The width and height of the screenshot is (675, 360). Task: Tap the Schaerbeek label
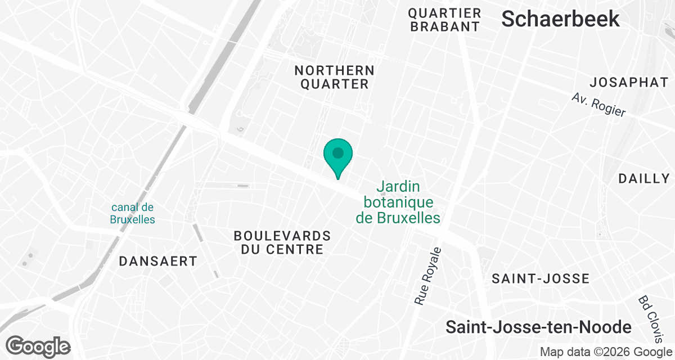point(560,19)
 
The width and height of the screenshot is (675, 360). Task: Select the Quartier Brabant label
point(444,20)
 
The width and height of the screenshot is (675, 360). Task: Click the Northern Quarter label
point(334,77)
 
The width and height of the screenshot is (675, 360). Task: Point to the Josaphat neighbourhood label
point(628,82)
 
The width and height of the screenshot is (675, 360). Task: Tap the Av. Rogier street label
point(598,104)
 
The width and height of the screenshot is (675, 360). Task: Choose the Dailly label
point(643,179)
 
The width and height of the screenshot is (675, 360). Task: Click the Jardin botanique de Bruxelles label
point(398,201)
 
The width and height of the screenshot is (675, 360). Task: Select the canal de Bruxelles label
point(133,213)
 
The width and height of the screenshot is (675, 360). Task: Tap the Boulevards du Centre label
point(282,242)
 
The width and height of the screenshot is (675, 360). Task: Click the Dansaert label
point(158,261)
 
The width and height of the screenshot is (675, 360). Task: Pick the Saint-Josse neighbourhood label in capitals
point(540,278)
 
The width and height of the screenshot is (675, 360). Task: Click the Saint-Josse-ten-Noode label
point(538,327)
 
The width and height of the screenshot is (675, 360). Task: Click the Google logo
point(38,346)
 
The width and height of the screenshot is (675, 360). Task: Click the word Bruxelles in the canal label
point(133,219)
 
